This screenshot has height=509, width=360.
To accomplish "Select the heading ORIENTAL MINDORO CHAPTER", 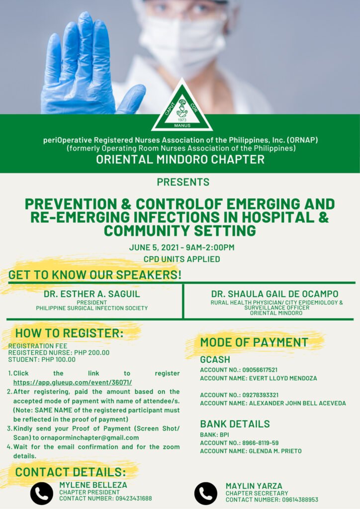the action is point(180,160).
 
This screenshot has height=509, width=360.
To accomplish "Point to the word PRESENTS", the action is point(183,182).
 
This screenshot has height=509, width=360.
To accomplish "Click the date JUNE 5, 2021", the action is point(154,248).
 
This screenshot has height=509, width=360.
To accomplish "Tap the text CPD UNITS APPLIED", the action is point(182,259).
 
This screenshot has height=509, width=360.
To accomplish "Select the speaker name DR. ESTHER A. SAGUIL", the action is point(92,294).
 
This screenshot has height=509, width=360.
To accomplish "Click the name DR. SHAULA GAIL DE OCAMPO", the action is point(274,294).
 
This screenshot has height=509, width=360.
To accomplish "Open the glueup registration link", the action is point(73,383).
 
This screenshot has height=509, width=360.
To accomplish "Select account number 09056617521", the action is point(260,370).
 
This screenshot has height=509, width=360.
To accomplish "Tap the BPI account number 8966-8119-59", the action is point(261,443).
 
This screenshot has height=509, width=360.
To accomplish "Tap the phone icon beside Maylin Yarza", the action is point(206,494).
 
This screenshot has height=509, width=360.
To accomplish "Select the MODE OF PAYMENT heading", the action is point(254,342).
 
